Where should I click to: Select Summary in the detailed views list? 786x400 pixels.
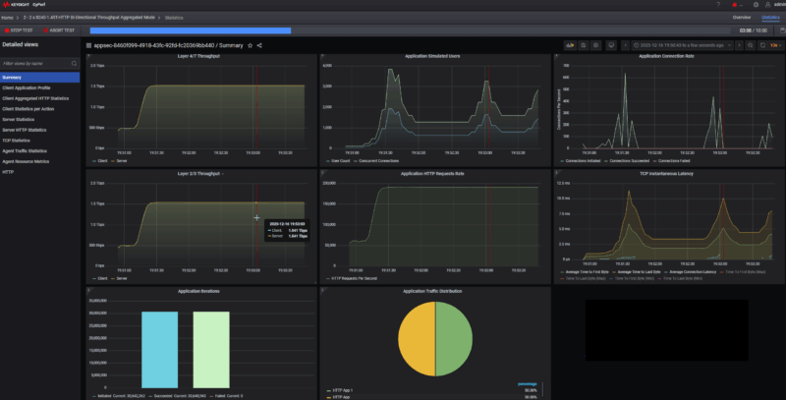12,77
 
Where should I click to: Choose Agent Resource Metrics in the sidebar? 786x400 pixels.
26,161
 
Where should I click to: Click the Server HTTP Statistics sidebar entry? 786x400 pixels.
25,130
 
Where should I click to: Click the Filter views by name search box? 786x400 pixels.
39,63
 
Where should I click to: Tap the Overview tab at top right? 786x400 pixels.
742,18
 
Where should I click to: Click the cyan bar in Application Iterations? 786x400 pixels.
159,351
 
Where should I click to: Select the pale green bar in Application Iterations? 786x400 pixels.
210,351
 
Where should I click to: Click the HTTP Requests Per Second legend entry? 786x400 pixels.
357,278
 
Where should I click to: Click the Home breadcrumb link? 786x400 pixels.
8,18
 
